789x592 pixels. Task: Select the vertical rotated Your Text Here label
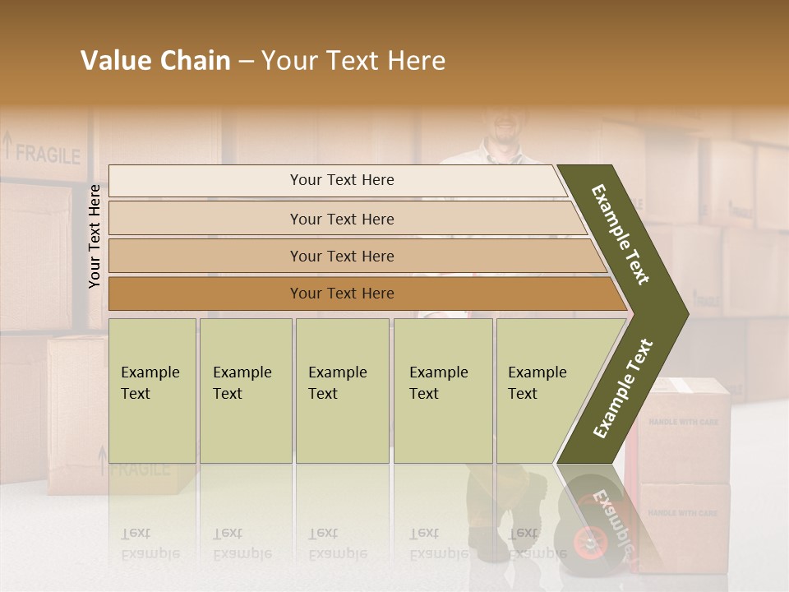pos(95,236)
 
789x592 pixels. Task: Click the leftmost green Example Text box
pos(152,391)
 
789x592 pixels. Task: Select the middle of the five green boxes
pos(342,391)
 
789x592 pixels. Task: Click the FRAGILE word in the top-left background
pos(48,155)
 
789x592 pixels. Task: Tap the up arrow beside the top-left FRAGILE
pos(8,147)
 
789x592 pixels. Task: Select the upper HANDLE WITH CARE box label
pos(683,422)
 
